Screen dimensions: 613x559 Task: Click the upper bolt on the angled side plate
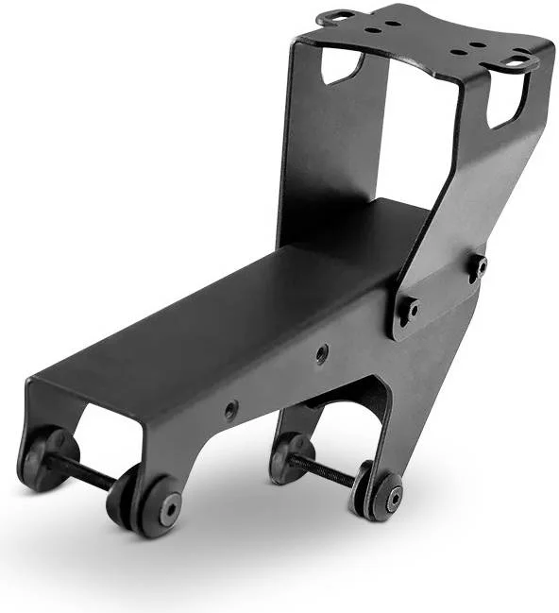[x=481, y=266]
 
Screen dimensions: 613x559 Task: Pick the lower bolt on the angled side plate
[x=409, y=308]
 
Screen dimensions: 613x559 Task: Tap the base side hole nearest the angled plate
[x=322, y=353]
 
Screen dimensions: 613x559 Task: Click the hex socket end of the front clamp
[x=168, y=510]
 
